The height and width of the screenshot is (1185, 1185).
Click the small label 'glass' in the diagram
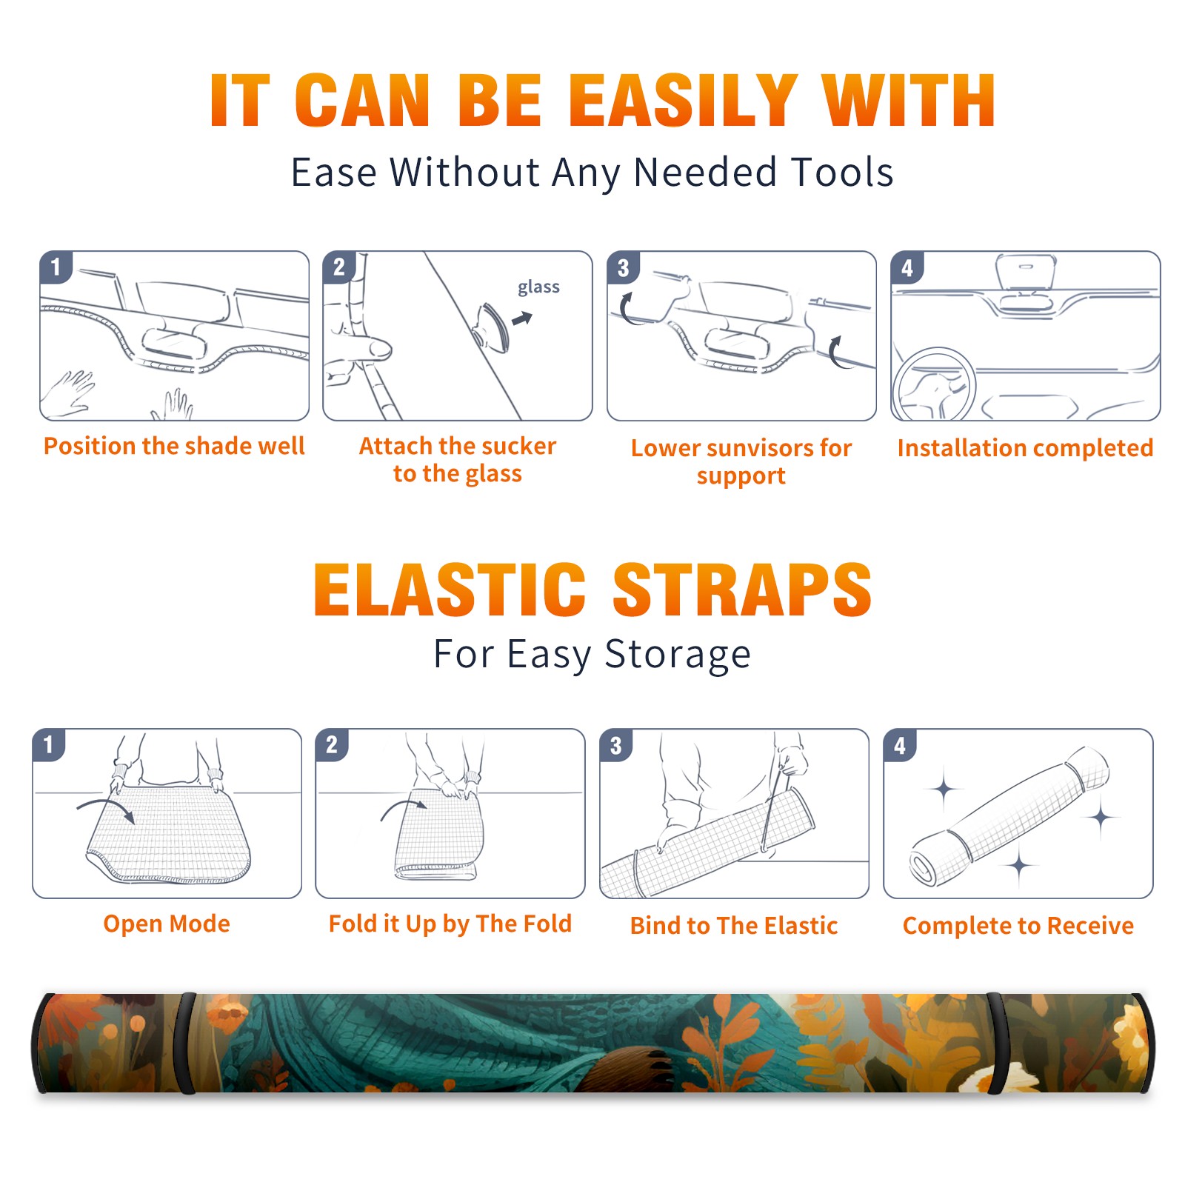pyautogui.click(x=538, y=287)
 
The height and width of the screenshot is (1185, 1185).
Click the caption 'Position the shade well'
pyautogui.click(x=174, y=446)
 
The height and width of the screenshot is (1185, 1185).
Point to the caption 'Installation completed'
pyautogui.click(x=1025, y=447)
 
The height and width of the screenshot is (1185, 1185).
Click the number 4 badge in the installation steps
pyautogui.click(x=907, y=267)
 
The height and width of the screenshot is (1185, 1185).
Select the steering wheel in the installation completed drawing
pyautogui.click(x=935, y=384)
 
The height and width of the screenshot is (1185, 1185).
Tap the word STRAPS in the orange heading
pyautogui.click(x=742, y=590)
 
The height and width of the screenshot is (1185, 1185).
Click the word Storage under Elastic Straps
pyautogui.click(x=678, y=655)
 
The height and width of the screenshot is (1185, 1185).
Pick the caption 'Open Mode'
pyautogui.click(x=167, y=924)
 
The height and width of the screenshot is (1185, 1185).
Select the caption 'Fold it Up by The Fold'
pyautogui.click(x=450, y=924)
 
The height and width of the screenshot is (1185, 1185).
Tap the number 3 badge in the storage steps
pyautogui.click(x=616, y=746)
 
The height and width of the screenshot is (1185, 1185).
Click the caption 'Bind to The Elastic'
pyautogui.click(x=734, y=926)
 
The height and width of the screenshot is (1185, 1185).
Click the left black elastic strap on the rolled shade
pyautogui.click(x=186, y=1043)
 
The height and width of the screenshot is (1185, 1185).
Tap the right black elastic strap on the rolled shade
pyautogui.click(x=995, y=1043)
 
